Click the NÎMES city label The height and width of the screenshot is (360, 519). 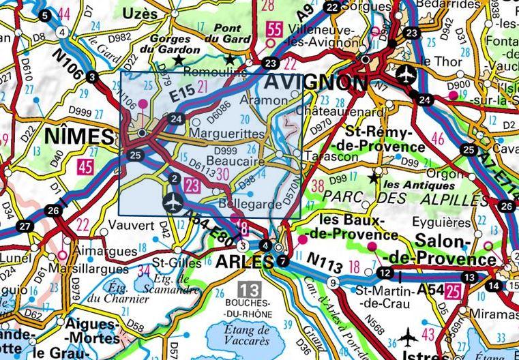click(x=78, y=137)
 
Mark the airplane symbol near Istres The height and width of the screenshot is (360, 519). click(x=408, y=336)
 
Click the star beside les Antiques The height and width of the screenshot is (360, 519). click(x=373, y=178)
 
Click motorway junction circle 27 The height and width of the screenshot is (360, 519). click(x=25, y=226)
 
